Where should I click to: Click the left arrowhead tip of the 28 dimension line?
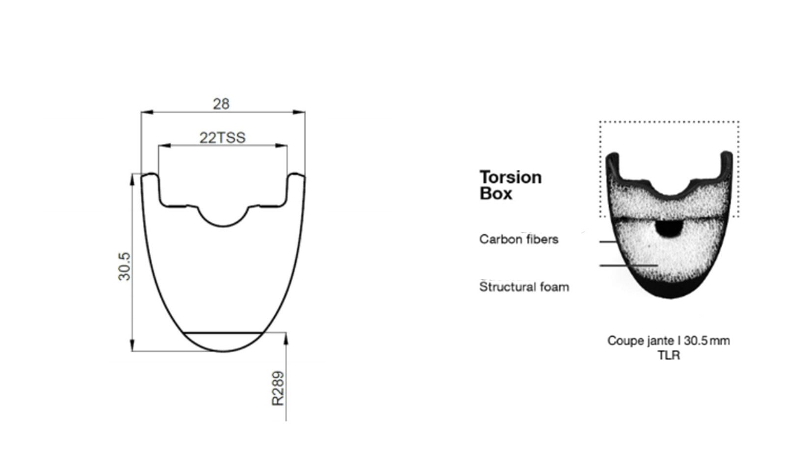click(x=141, y=112)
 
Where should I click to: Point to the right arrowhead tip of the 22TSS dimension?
click(x=287, y=145)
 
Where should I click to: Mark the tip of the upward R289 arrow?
click(x=286, y=333)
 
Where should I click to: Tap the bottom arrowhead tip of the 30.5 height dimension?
click(x=132, y=350)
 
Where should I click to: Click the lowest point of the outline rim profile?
click(x=223, y=351)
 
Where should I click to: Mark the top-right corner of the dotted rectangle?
click(x=739, y=122)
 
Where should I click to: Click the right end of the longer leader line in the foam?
click(x=657, y=265)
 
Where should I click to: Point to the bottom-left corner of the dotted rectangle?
click(x=601, y=216)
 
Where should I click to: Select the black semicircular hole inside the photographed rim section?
click(x=669, y=229)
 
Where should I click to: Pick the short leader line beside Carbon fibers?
click(x=608, y=241)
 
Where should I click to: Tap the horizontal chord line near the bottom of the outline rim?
click(x=223, y=332)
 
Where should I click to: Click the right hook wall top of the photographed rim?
click(x=727, y=154)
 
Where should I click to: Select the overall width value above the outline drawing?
click(x=221, y=104)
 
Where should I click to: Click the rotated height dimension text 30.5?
click(x=125, y=266)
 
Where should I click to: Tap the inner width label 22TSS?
click(x=223, y=138)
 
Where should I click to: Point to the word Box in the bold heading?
click(x=496, y=193)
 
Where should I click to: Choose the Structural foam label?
click(x=524, y=287)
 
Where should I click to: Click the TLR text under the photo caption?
click(x=669, y=355)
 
